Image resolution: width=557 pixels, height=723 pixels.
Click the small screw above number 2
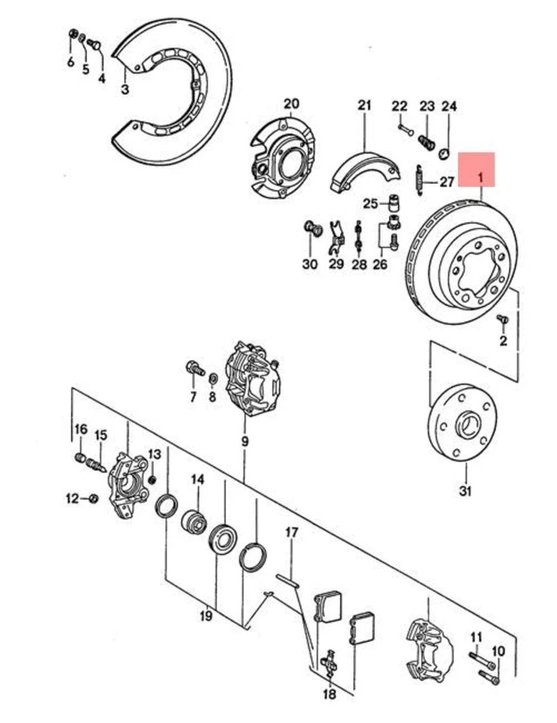click(x=503, y=321)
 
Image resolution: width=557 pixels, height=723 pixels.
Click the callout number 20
click(x=291, y=103)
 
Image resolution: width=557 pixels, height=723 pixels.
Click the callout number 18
click(x=329, y=694)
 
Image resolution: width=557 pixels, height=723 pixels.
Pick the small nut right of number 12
click(x=93, y=498)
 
